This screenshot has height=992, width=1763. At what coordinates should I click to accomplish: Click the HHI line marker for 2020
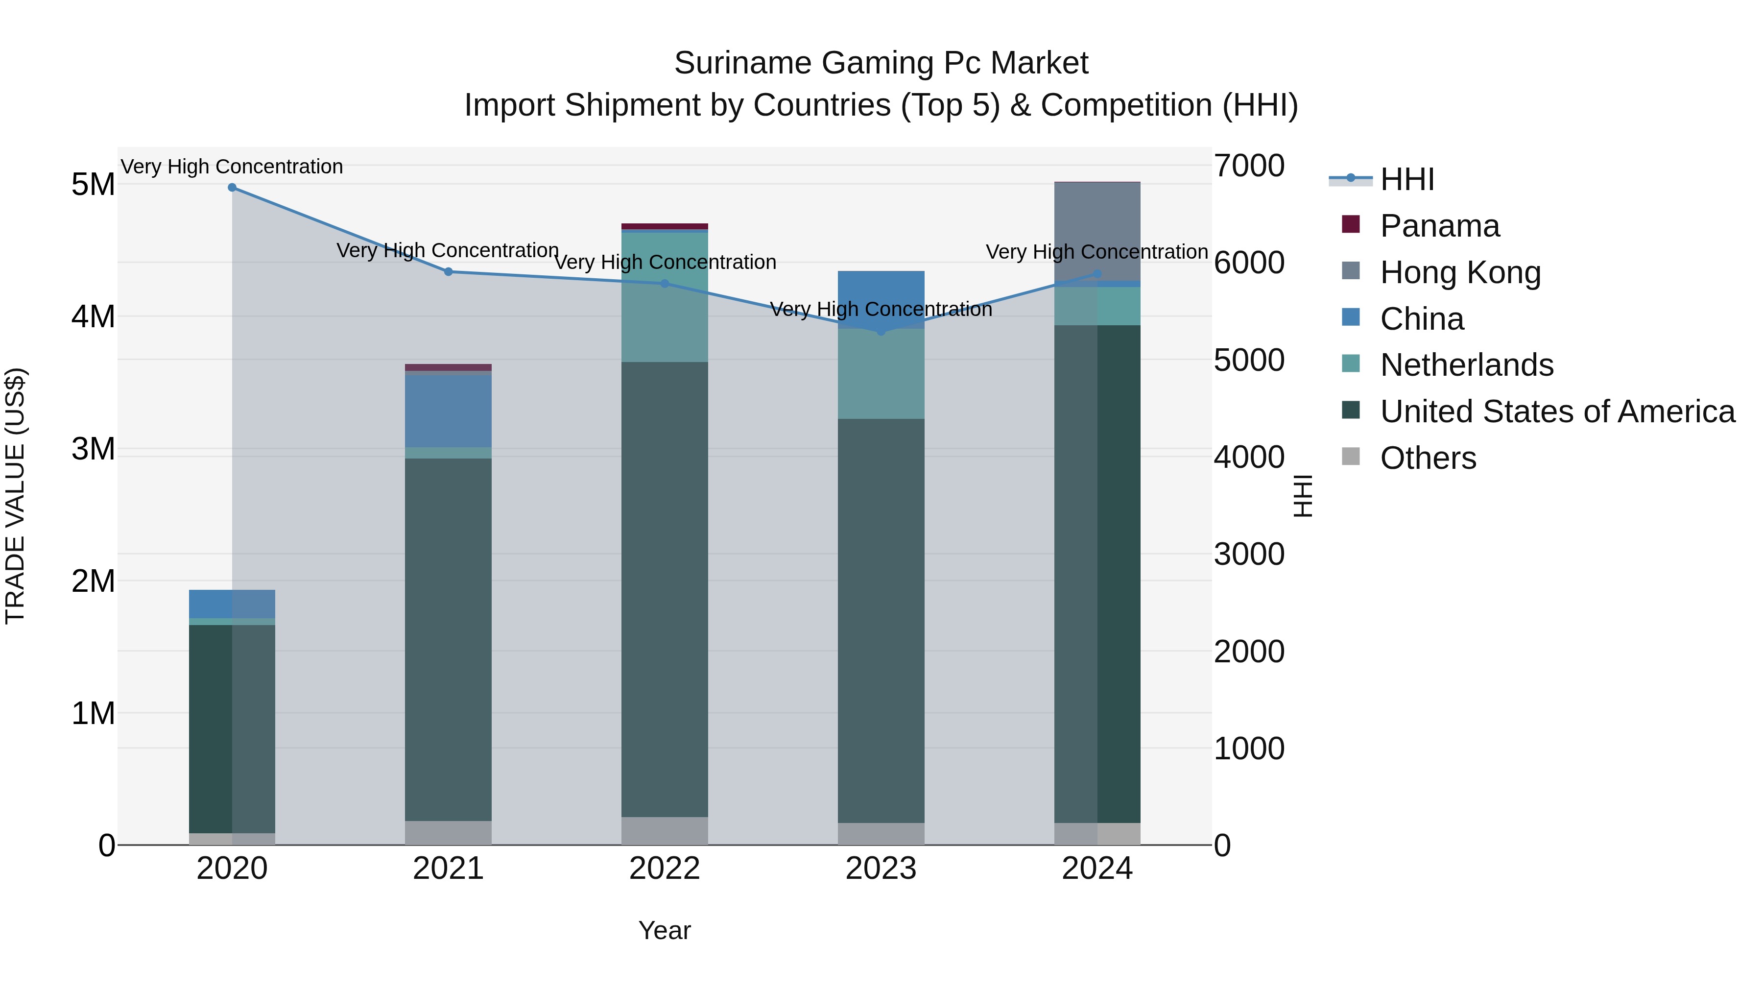point(232,188)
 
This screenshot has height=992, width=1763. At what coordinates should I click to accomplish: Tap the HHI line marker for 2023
point(881,331)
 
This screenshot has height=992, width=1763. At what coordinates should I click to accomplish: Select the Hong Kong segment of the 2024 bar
point(1097,229)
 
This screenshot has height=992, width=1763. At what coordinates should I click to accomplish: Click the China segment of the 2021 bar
point(448,411)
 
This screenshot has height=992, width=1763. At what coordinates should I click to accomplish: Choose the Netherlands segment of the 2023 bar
point(881,374)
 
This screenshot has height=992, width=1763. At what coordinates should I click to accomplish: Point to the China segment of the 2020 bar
point(232,604)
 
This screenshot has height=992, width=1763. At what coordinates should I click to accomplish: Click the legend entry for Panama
point(1439,226)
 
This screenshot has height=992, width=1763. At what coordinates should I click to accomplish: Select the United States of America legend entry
point(1557,411)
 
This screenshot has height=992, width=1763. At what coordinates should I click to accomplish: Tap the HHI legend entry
point(1406,179)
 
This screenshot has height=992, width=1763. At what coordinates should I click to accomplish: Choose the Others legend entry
point(1428,458)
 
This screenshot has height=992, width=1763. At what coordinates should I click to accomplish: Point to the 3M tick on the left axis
point(93,449)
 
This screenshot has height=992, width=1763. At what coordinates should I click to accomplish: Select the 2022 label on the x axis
point(665,869)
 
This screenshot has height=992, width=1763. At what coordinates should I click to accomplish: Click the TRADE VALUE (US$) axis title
point(16,496)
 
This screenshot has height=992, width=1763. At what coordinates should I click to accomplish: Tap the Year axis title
point(665,930)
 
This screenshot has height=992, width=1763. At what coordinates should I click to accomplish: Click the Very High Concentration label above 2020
point(232,167)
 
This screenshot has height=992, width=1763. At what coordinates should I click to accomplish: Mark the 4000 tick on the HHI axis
point(1249,458)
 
